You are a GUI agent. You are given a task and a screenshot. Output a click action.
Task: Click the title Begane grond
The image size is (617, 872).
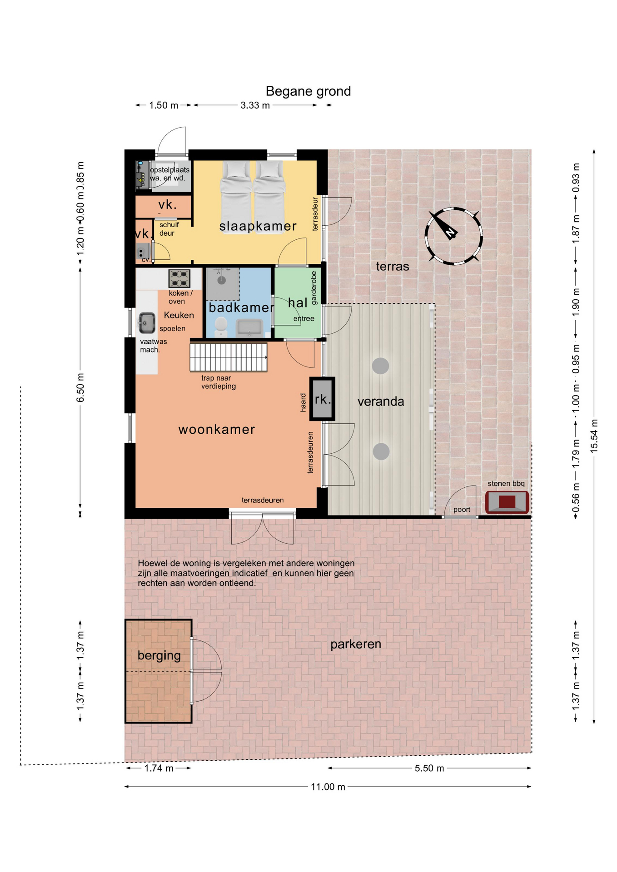(308, 91)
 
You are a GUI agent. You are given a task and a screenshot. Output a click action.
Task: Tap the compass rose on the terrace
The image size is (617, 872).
(453, 236)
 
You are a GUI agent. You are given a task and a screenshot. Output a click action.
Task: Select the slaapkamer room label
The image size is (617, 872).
(258, 226)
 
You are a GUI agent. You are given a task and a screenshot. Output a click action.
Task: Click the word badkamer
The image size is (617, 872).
(241, 307)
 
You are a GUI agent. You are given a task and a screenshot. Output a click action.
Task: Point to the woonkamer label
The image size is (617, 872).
(217, 429)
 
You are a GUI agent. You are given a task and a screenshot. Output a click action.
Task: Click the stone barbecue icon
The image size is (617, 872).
(507, 502)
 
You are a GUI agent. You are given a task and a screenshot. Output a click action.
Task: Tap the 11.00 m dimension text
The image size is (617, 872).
(328, 787)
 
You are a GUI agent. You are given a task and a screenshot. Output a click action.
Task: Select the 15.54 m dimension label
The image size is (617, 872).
(594, 436)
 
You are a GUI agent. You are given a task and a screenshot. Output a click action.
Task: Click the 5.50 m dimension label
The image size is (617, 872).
(429, 768)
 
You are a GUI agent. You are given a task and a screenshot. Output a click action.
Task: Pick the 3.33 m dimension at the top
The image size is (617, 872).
(255, 105)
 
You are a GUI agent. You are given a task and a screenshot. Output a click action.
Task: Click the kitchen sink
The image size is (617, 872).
(146, 322)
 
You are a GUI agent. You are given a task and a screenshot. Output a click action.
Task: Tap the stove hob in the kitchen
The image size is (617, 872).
(179, 278)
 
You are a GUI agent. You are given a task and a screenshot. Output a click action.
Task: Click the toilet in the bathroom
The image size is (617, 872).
(221, 326)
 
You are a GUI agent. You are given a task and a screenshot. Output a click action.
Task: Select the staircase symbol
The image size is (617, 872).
(228, 357)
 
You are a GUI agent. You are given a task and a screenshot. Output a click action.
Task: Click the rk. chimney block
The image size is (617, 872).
(322, 399)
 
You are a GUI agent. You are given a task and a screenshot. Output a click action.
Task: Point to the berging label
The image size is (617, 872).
(159, 655)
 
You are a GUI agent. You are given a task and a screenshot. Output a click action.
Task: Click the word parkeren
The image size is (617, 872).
(356, 644)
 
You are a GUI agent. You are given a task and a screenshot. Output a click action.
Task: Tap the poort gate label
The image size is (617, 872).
(462, 510)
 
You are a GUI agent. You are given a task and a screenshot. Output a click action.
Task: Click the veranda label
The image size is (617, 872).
(381, 401)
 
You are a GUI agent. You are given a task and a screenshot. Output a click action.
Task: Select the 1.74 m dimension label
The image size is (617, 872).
(159, 768)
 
